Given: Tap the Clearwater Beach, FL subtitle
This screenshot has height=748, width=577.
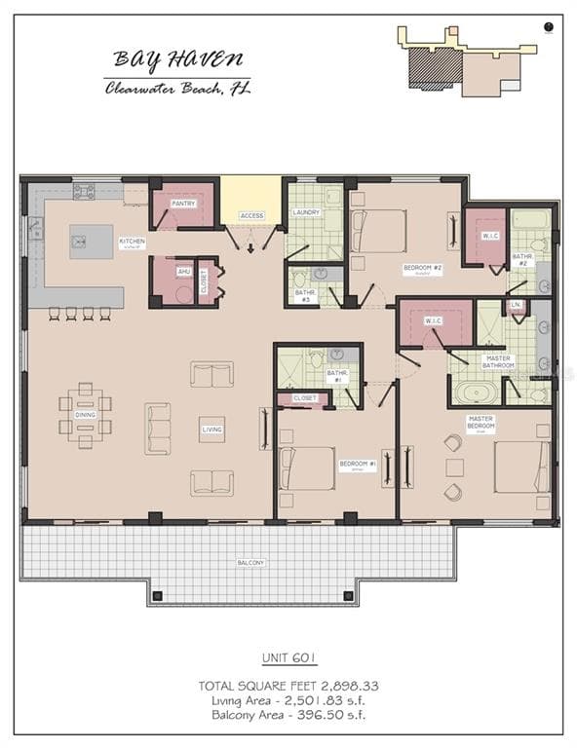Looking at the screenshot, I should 177,89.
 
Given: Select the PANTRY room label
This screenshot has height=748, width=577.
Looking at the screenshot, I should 183,204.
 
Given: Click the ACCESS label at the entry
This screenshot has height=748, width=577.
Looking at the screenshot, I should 251,215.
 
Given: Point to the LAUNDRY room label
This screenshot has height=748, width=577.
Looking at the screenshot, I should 306,211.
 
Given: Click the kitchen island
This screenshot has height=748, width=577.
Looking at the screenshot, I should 91,241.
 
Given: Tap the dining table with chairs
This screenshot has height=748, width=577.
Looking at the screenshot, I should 85,415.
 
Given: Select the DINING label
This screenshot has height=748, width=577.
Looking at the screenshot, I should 85,415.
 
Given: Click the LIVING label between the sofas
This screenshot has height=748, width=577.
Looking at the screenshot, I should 212,430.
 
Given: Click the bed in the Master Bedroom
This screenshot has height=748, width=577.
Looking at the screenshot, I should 521,467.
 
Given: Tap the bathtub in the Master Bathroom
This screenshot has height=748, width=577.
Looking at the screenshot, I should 475,393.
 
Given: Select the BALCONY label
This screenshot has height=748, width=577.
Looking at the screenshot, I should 250,563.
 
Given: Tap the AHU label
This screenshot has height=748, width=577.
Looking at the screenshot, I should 183,272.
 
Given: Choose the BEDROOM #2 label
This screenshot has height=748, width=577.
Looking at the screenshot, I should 423,267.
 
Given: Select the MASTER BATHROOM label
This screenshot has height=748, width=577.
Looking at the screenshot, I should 498,362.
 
